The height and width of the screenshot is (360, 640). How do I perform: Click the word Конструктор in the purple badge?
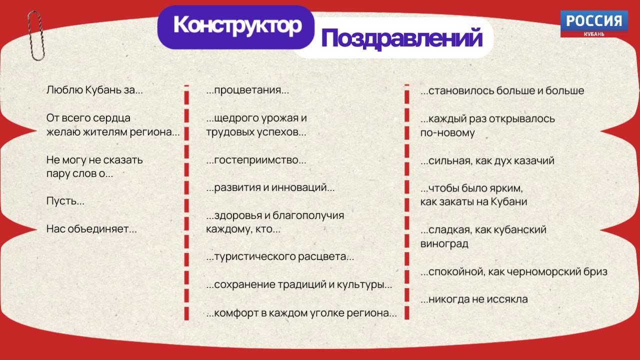coord(237,25)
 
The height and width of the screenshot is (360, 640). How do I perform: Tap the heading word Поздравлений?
coord(402,38)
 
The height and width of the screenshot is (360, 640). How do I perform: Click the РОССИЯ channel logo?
coord(594,23)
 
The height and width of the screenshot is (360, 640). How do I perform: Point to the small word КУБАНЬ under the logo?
coord(594,34)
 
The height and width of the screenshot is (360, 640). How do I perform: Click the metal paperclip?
coord(36,35)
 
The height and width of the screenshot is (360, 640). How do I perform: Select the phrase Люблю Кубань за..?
coord(94,90)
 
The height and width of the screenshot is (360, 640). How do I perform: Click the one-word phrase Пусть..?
coord(65,201)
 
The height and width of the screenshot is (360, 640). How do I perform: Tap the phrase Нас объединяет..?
coord(91,229)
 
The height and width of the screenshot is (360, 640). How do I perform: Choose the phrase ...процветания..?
coord(247,90)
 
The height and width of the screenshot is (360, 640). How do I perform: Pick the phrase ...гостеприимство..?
coord(256,160)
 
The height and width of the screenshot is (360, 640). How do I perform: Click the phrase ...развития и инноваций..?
coord(270,187)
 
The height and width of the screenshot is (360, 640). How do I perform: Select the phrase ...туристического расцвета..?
coord(280,256)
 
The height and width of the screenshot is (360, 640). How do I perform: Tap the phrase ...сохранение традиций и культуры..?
coord(299,284)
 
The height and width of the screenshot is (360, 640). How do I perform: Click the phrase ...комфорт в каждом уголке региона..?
coord(301,313)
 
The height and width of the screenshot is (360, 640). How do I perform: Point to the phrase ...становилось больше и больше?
coord(502,90)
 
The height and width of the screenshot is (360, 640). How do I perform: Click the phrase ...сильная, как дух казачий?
coord(487,160)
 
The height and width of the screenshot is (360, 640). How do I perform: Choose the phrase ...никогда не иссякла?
coord(474,299)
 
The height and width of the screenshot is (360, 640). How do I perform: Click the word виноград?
coord(444,243)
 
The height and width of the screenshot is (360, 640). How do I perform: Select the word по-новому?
coord(447,133)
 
